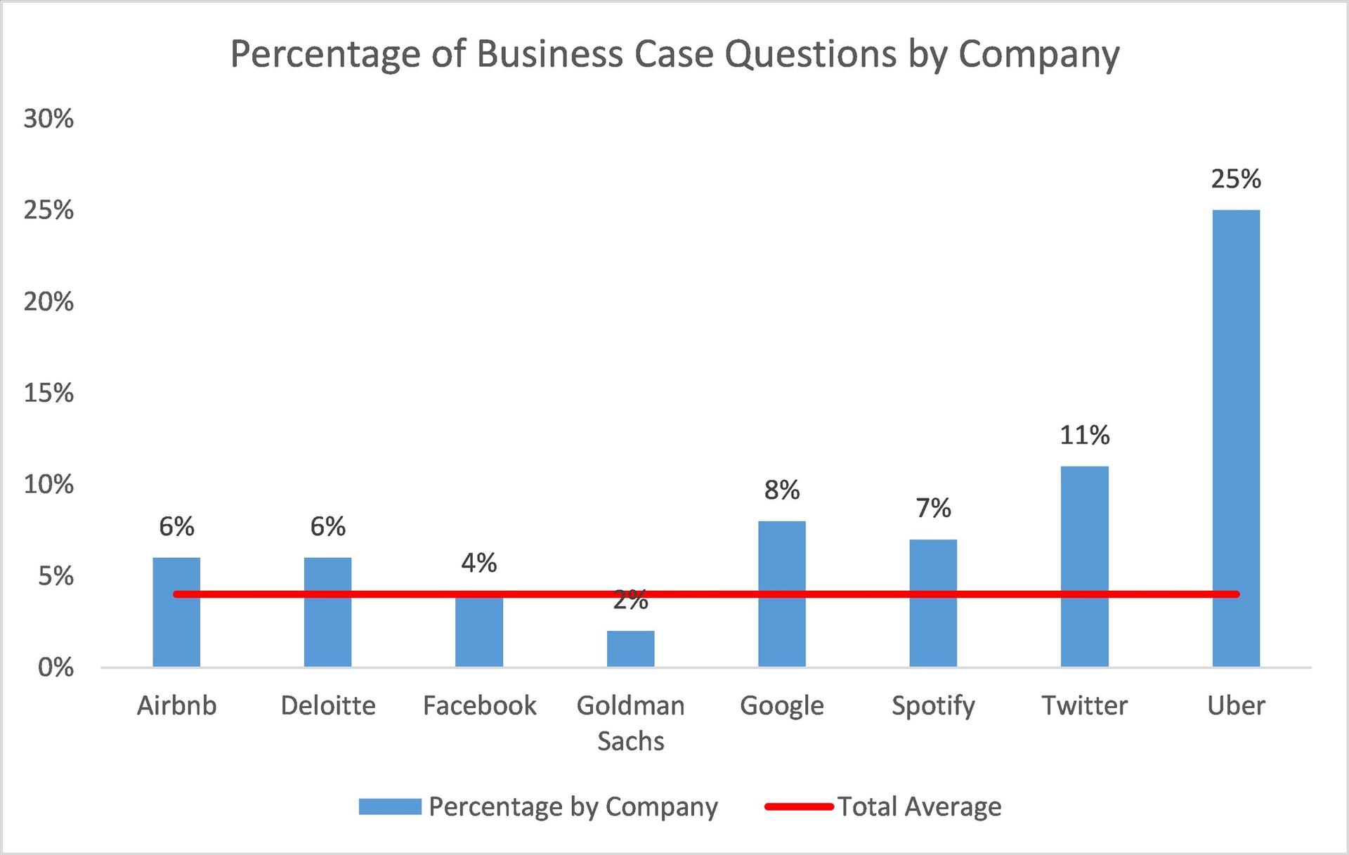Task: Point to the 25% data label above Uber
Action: (1236, 179)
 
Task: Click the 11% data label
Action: (1084, 436)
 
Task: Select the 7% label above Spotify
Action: (933, 508)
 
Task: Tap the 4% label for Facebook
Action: (479, 563)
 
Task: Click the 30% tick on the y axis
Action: (48, 119)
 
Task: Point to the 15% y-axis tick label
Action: (48, 393)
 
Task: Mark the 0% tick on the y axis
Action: (56, 667)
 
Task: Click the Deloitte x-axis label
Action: (328, 705)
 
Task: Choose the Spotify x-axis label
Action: (933, 705)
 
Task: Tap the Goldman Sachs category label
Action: (630, 723)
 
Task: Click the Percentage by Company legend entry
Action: (573, 807)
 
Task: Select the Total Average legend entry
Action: (919, 807)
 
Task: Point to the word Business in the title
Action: (549, 54)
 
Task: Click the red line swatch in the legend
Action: (799, 807)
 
